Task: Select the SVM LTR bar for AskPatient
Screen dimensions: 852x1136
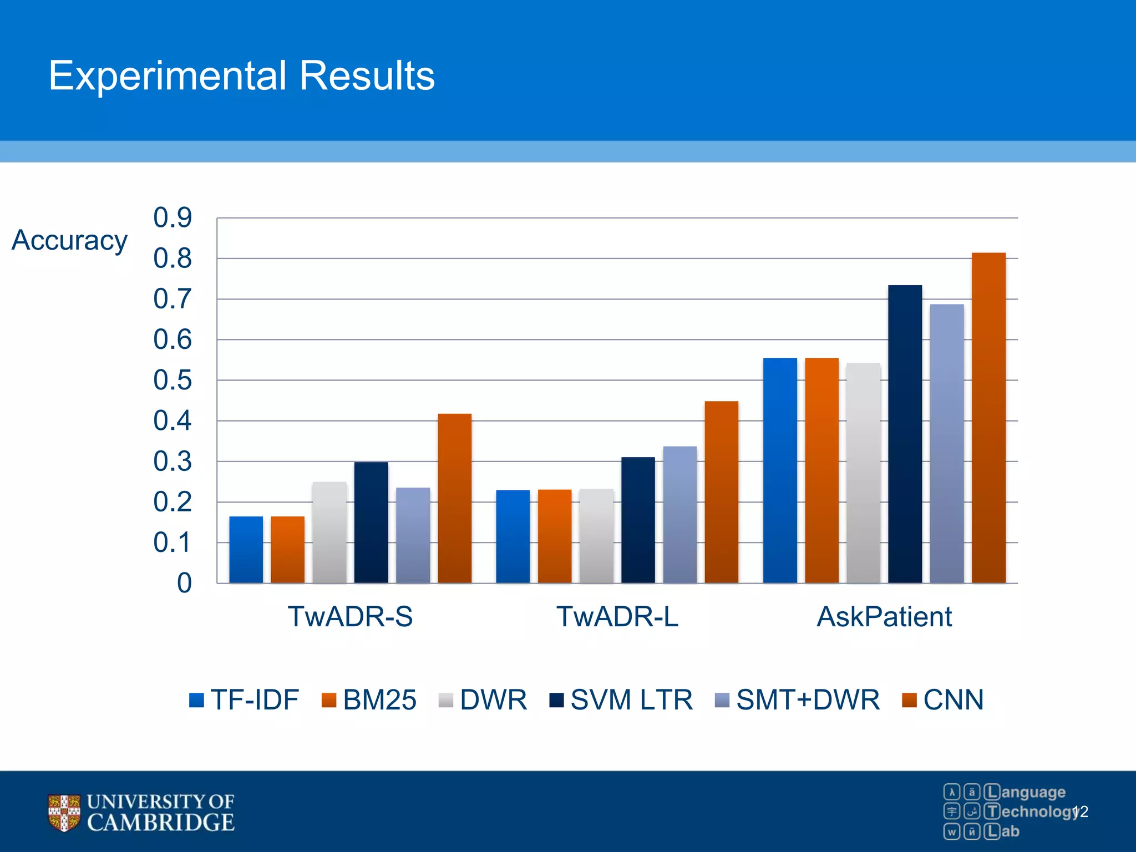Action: (x=905, y=434)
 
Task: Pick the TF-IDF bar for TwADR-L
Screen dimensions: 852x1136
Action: (x=513, y=536)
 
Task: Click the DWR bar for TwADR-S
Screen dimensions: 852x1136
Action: (x=329, y=532)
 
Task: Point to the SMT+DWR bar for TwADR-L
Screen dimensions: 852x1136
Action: (x=679, y=514)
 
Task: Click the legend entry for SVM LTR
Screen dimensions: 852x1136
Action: (x=621, y=699)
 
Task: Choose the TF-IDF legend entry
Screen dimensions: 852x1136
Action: (x=244, y=699)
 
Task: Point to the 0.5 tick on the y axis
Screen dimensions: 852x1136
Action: (x=173, y=381)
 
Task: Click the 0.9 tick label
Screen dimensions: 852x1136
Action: (x=173, y=217)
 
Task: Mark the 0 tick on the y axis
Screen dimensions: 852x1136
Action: (x=184, y=584)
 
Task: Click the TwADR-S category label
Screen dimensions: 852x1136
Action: (x=350, y=617)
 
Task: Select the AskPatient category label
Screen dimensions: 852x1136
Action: (x=884, y=617)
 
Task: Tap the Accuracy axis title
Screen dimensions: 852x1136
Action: (x=70, y=240)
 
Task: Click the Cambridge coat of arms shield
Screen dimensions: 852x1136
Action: (x=64, y=813)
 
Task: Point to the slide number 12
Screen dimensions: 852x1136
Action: (x=1081, y=812)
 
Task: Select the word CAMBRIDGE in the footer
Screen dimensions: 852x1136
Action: (x=161, y=823)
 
